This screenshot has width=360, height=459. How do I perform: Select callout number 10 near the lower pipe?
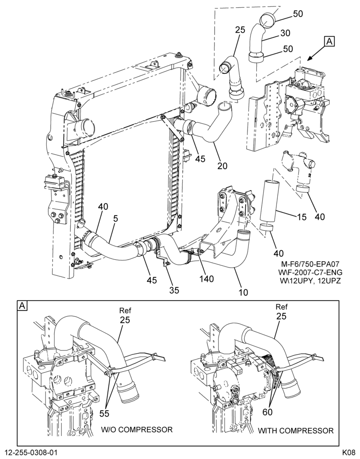[x=243, y=292]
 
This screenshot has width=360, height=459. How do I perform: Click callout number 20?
[x=222, y=166]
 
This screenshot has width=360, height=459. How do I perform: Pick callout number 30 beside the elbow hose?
[x=285, y=33]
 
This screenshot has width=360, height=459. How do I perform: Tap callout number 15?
[x=301, y=217]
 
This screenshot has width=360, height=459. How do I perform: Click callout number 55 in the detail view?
[x=104, y=414]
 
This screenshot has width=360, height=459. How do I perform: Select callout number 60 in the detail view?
[x=267, y=412]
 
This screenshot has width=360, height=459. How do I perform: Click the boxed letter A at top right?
[x=330, y=42]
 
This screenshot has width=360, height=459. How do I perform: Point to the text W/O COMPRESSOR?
[x=137, y=430]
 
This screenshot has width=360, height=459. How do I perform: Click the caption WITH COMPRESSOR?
[x=295, y=431]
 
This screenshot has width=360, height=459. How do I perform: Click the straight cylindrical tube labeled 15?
[x=268, y=201]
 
